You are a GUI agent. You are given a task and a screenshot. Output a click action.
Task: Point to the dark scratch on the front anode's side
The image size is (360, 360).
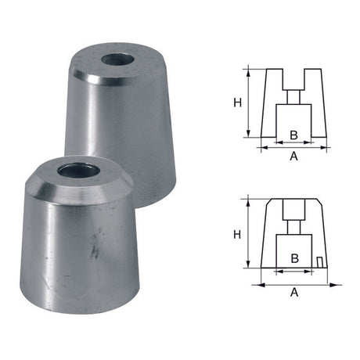tap(94, 252)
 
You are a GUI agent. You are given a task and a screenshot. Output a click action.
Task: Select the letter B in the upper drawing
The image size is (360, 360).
tap(292, 135)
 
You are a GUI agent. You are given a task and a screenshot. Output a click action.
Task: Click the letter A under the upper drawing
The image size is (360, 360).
tap(293, 157)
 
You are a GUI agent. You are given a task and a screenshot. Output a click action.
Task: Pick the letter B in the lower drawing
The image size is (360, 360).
tap(293, 257)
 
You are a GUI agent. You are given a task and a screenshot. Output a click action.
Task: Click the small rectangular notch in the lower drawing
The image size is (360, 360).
tap(319, 260)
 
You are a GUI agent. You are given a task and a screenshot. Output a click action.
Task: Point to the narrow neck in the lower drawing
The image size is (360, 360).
tap(292, 227)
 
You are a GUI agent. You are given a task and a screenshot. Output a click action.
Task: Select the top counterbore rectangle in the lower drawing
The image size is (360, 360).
tap(292, 210)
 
